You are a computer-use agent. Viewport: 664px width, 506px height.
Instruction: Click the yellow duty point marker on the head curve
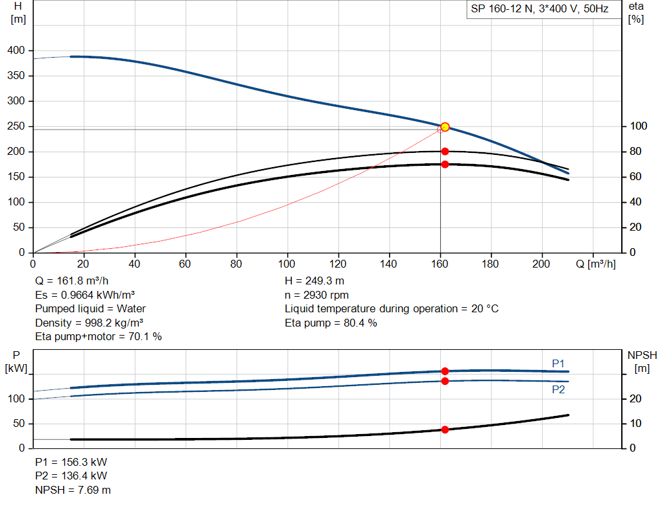445,127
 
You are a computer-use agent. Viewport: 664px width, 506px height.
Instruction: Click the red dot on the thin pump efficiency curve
445,152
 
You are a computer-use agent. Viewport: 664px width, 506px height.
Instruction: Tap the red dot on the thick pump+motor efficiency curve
445,164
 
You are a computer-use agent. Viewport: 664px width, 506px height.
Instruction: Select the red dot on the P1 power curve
445,371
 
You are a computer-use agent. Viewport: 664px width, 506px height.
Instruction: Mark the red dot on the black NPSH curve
445,430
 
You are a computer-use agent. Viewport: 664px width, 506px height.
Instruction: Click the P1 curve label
558,363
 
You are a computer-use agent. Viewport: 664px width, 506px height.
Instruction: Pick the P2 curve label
558,389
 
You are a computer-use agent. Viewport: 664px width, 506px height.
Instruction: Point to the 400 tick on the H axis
16,51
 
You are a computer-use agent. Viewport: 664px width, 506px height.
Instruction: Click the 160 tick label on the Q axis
440,264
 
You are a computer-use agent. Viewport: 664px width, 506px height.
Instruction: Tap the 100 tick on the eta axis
638,126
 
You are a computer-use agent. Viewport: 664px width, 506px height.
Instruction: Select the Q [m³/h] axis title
595,264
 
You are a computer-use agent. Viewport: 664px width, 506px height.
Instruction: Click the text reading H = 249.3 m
314,281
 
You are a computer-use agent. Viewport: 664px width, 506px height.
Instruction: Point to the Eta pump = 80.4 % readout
331,323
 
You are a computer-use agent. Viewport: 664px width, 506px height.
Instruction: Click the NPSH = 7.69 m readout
73,490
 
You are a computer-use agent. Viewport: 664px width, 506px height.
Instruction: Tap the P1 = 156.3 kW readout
71,462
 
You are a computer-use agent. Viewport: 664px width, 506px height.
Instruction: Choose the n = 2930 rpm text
316,295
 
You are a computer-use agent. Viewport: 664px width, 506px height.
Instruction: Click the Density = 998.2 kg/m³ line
89,323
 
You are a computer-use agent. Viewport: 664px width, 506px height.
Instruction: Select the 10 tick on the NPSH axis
635,423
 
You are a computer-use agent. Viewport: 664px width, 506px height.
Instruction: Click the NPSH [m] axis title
642,362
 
